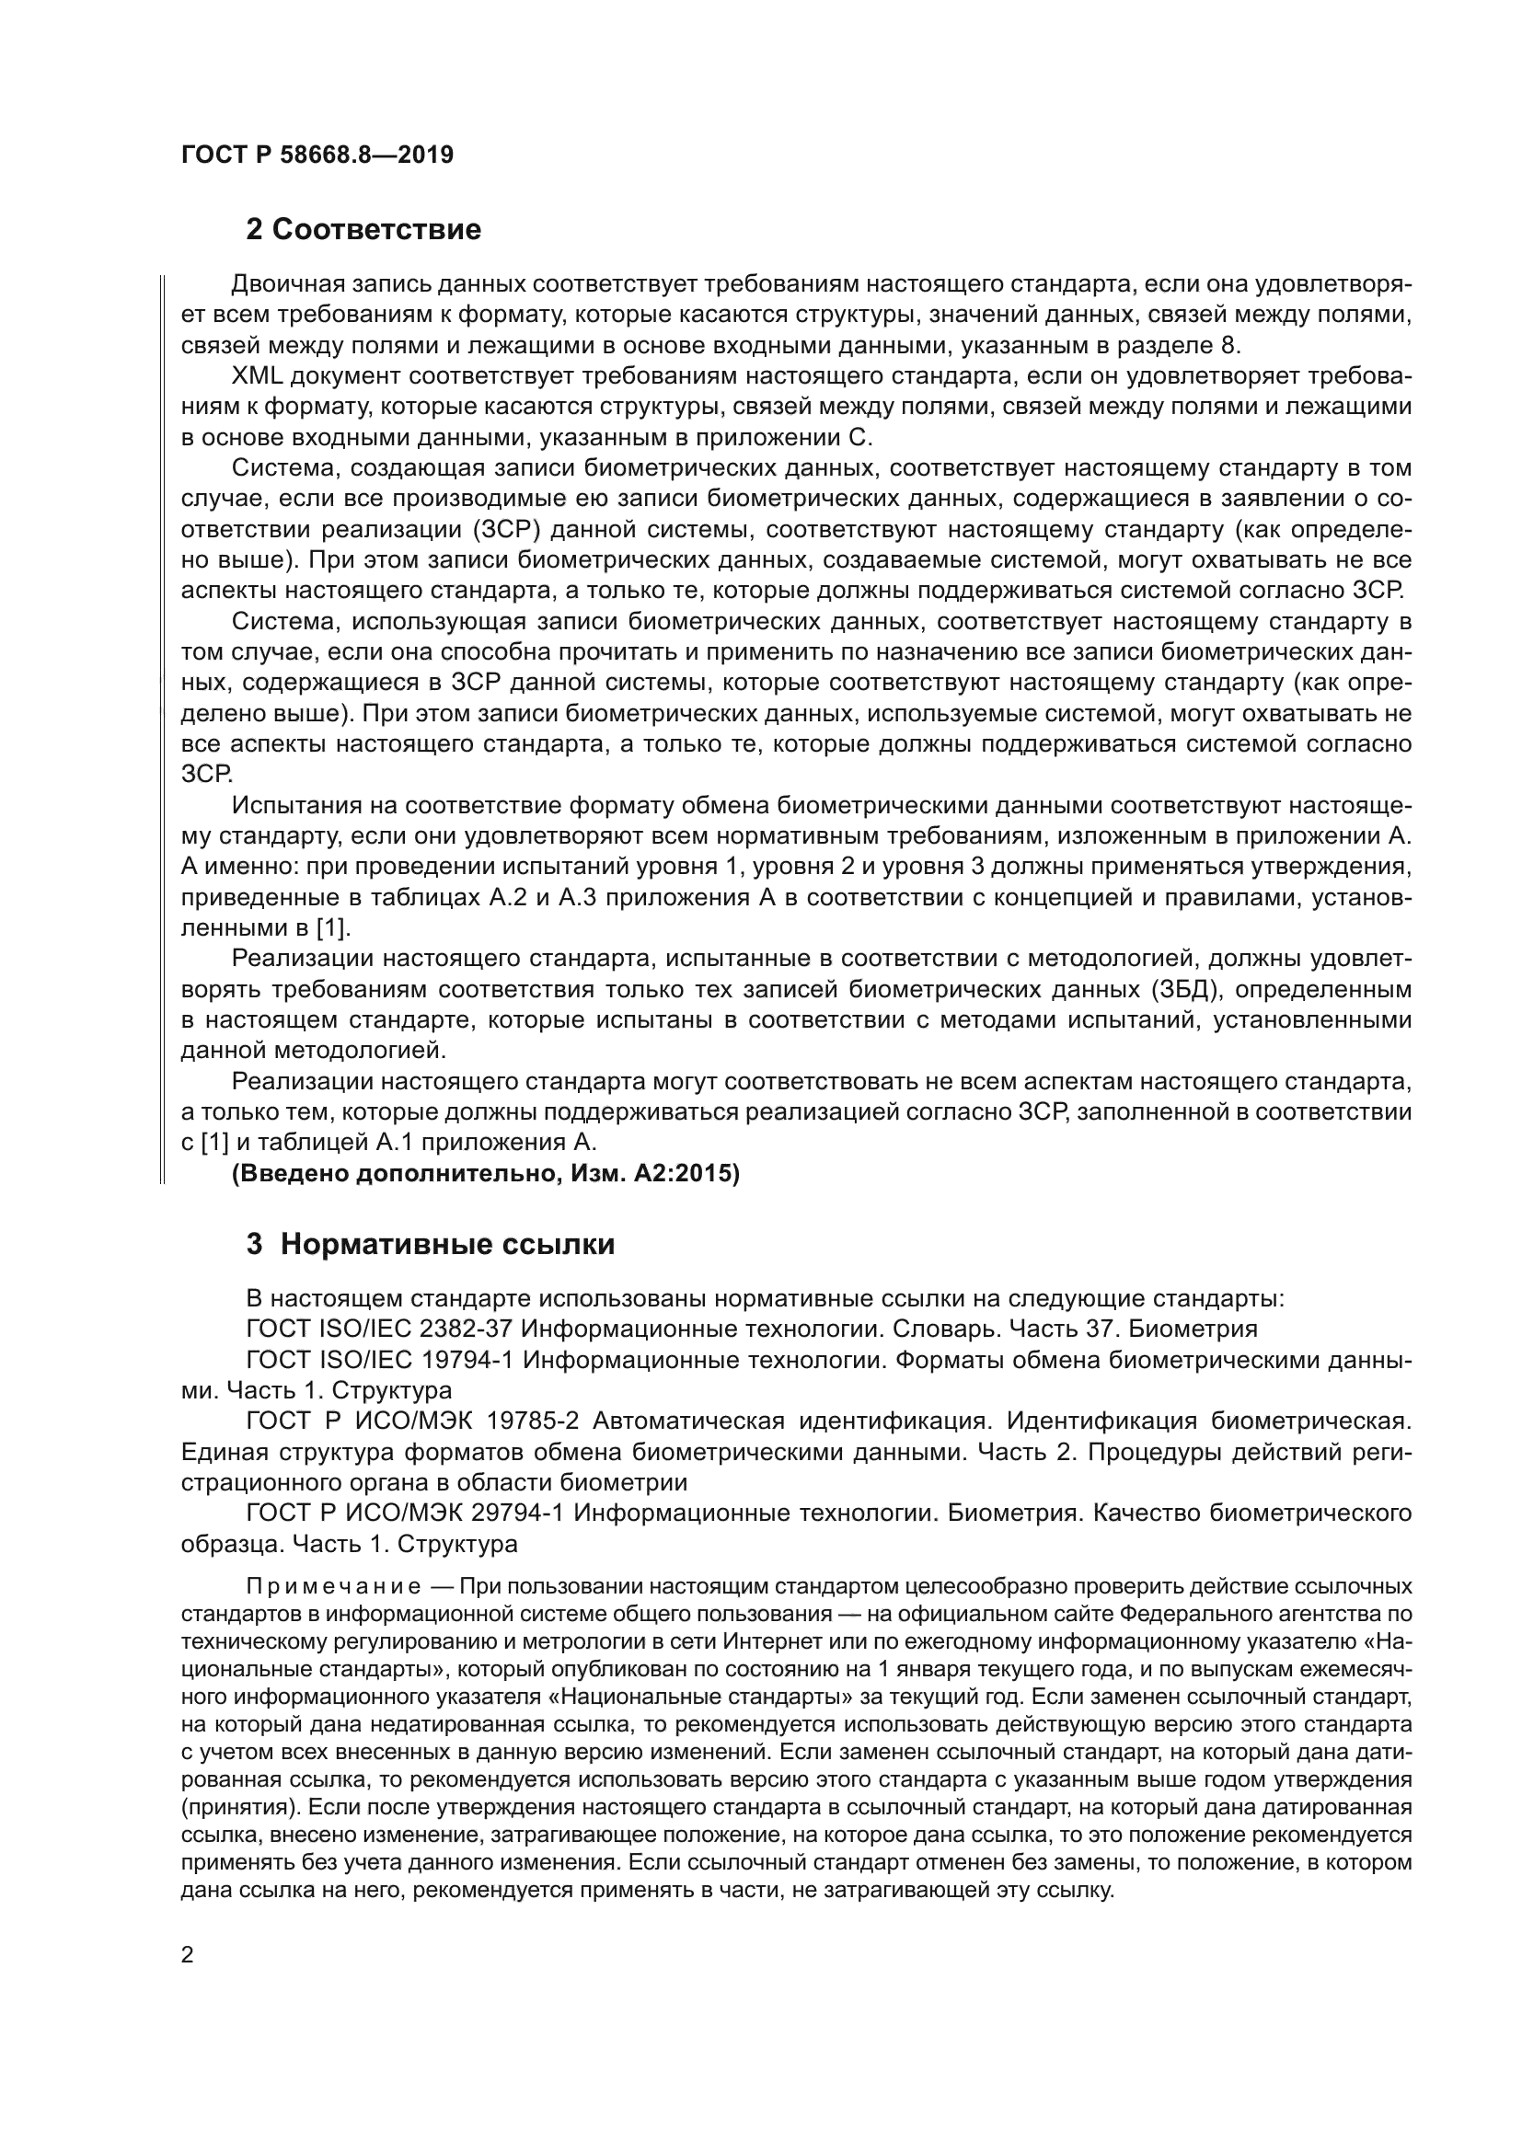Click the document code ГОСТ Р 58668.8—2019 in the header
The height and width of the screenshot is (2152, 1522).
tap(317, 155)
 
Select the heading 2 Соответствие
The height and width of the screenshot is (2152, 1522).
tap(363, 230)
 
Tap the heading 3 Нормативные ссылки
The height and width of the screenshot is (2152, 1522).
tap(430, 1245)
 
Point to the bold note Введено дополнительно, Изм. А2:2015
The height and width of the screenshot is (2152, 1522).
tap(486, 1173)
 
